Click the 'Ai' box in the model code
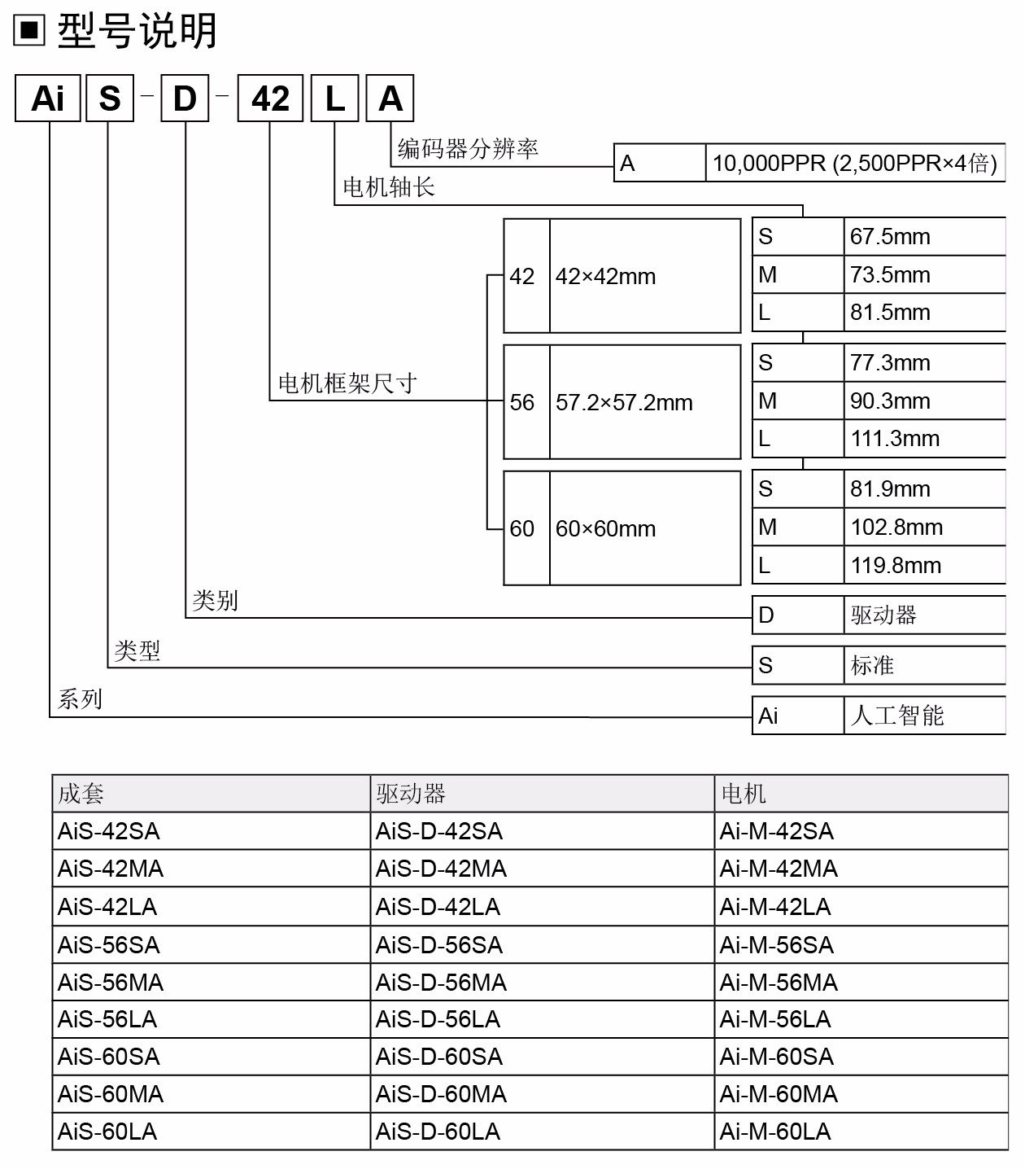point(48,99)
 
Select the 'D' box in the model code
point(185,99)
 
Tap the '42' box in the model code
point(270,99)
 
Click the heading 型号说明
point(137,32)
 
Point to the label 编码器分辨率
point(468,149)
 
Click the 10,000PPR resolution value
point(854,164)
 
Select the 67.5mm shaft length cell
point(890,237)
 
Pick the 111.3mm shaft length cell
point(895,439)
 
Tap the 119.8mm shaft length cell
point(896,566)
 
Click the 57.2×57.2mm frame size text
point(624,403)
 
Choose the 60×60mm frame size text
point(605,529)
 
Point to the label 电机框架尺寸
point(347,383)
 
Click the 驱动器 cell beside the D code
point(883,615)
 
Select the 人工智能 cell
point(897,716)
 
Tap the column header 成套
point(81,794)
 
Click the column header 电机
point(744,794)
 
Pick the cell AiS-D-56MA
point(441,983)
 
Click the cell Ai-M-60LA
point(775,1132)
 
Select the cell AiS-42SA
point(109,831)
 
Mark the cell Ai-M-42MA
point(779,869)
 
